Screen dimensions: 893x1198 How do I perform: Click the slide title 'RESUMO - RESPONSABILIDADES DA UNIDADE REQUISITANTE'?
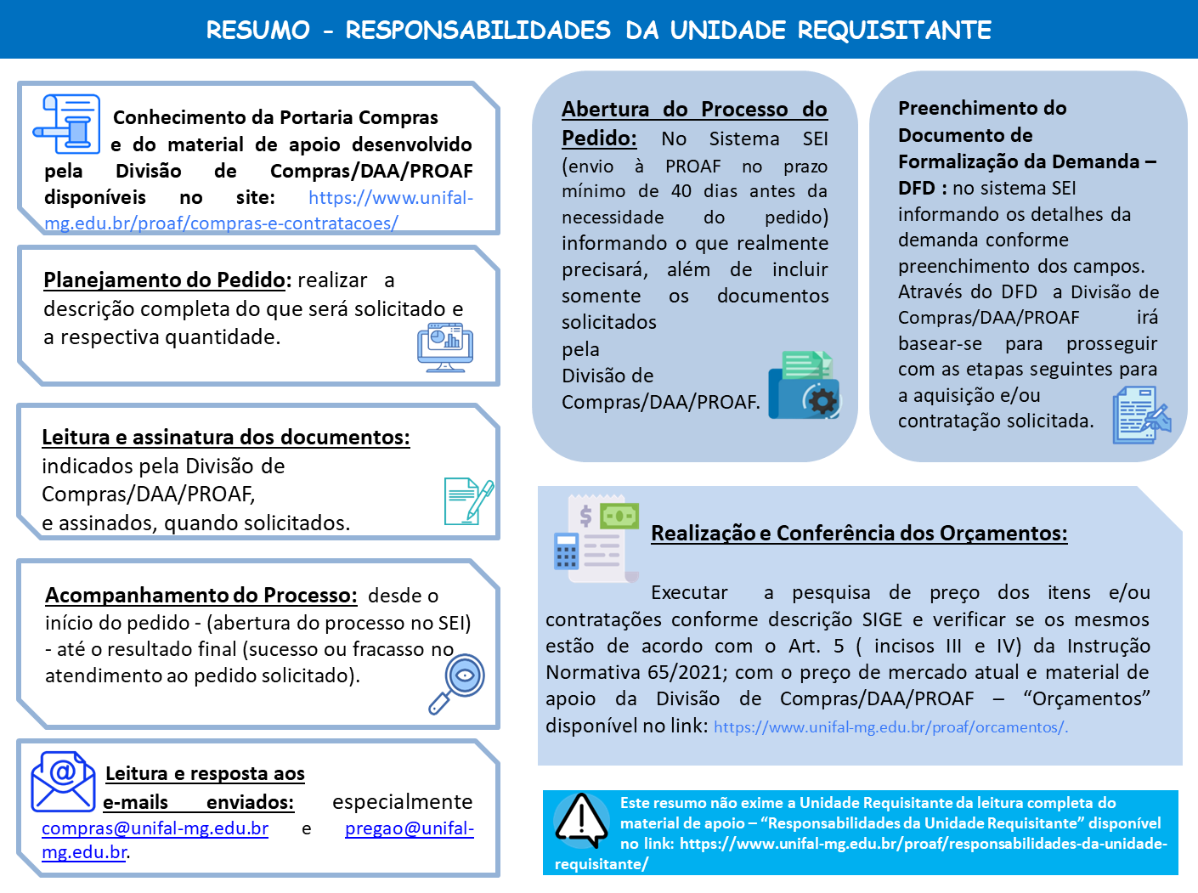tap(598, 31)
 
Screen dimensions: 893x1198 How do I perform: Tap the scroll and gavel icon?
tap(66, 124)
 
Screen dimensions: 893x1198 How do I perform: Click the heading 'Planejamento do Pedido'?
tap(164, 280)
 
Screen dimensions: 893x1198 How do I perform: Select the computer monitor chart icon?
tap(445, 348)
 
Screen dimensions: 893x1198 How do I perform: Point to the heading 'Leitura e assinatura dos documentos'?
tap(225, 437)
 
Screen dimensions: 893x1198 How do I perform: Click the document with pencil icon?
tap(468, 500)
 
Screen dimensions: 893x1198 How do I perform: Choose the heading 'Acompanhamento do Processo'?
tap(201, 595)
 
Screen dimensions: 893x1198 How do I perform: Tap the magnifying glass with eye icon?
tap(458, 683)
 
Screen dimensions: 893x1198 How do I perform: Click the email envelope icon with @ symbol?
tap(63, 781)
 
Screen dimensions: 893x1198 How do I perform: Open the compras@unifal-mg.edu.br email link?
tap(155, 828)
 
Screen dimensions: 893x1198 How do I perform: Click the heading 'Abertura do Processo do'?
tap(694, 110)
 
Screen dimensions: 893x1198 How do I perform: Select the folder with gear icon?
tap(804, 387)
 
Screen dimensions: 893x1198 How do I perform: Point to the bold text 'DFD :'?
tap(922, 188)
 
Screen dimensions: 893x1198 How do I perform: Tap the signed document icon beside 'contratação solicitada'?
tap(1140, 415)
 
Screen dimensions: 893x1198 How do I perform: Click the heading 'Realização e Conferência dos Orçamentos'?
tap(859, 533)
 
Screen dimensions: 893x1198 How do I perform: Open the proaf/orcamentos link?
tap(890, 727)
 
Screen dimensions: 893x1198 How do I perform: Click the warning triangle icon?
tap(581, 821)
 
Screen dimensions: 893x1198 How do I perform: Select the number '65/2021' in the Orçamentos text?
tap(686, 672)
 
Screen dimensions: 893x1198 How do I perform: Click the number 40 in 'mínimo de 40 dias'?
tap(681, 191)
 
